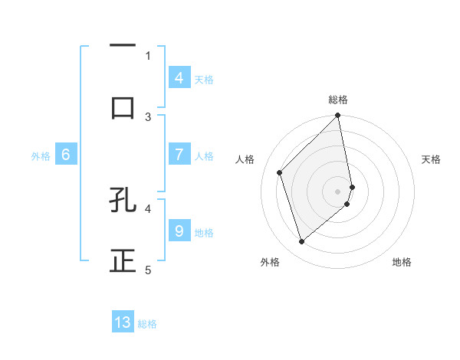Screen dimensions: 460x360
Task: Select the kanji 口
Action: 123,108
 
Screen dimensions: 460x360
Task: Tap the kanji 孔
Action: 123,200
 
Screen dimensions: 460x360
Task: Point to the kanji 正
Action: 123,261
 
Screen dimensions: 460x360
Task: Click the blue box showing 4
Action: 179,78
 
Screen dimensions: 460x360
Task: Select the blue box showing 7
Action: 179,155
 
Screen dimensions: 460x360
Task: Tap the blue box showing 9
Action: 179,231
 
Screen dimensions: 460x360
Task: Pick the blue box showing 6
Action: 65,155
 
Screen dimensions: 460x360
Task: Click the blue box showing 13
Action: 123,322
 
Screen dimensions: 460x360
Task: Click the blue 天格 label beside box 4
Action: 204,79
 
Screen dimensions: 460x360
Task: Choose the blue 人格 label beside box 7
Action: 204,155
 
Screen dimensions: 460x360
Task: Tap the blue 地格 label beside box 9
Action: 204,232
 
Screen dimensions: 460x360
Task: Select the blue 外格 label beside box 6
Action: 41,155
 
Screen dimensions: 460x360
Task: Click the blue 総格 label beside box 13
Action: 147,323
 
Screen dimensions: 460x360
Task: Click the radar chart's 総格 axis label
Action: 338,100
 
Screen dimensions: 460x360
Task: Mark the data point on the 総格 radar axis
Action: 338,116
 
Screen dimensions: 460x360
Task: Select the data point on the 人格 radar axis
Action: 280,172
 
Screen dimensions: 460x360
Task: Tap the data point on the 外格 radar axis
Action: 301,242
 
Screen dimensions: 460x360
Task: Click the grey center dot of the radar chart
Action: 338,191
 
